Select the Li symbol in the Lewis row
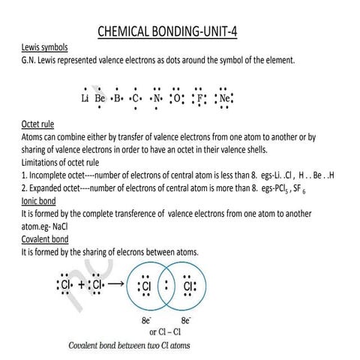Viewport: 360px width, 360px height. [85, 98]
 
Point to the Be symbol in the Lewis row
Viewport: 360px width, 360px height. [100, 98]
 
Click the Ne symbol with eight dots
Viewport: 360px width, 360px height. [224, 98]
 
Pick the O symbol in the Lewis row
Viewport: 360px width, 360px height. [176, 98]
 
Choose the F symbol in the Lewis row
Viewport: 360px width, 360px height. [199, 98]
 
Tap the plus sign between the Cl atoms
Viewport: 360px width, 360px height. [80, 286]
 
